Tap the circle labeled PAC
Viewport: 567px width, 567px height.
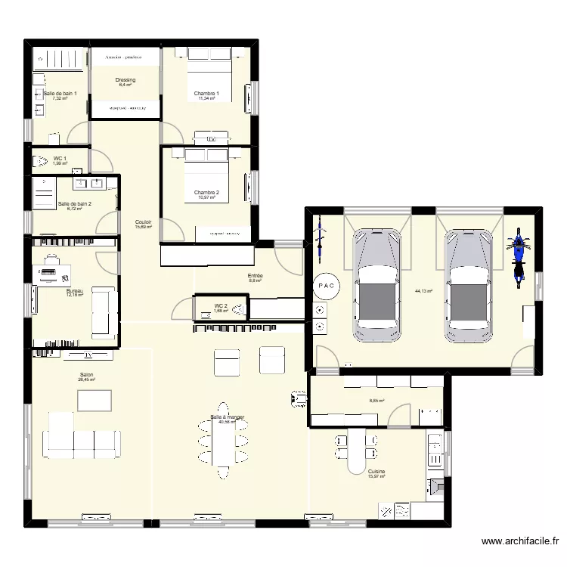[326, 286]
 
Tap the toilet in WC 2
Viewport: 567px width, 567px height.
[237, 308]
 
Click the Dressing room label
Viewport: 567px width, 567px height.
[125, 80]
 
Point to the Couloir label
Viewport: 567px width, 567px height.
[143, 222]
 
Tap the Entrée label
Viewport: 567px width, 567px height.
[255, 276]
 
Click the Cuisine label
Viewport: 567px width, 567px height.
[376, 471]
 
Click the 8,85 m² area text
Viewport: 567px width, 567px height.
[376, 401]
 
